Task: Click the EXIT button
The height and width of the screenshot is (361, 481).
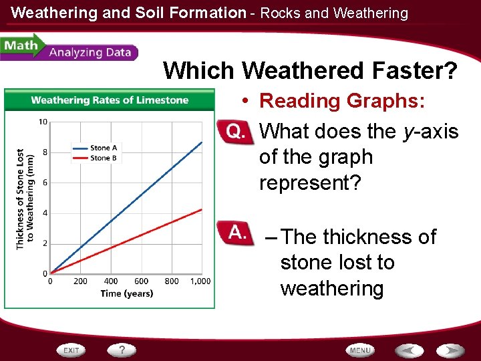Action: [72, 350]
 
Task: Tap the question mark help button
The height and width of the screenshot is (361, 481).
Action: [122, 350]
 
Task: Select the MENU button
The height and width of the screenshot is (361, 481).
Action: [360, 350]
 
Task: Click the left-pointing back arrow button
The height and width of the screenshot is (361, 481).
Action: [408, 350]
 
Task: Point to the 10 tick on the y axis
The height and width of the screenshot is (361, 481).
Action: [43, 122]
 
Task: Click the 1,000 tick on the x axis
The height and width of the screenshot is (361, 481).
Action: [200, 281]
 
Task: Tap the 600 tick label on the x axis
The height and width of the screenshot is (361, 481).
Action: [141, 281]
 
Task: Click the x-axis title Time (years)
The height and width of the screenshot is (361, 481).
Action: [127, 293]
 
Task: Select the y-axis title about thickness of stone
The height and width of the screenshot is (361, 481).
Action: [24, 199]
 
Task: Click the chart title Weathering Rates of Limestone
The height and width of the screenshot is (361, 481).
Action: [110, 100]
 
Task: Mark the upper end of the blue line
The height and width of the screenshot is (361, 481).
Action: [202, 142]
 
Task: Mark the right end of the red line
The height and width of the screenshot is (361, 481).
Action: [202, 209]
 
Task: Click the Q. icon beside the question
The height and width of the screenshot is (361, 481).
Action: [234, 132]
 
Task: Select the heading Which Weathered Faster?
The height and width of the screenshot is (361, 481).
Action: [311, 70]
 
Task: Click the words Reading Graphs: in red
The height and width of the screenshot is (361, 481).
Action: [342, 101]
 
